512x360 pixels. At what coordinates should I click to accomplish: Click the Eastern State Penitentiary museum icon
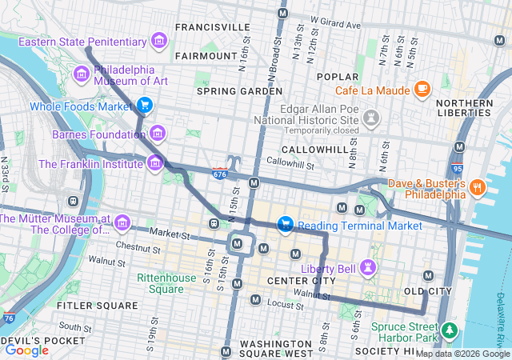coord(159,41)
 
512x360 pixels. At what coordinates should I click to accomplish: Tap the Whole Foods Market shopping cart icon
coord(144,106)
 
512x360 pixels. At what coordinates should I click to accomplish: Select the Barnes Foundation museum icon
coord(158,133)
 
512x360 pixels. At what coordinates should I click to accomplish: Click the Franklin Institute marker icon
coord(154,164)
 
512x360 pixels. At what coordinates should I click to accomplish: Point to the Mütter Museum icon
coord(122,222)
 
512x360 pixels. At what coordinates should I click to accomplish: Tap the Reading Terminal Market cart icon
coord(284,226)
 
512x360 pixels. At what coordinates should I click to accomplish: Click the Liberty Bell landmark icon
coord(367,266)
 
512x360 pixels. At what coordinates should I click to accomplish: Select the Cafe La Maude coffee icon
coord(422,89)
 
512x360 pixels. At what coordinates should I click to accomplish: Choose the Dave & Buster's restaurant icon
coord(478,188)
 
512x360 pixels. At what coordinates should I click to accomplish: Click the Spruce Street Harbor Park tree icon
coord(449,330)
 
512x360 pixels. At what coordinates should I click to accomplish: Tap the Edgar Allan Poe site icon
coord(370,118)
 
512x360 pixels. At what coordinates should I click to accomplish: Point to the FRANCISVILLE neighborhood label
coord(212,26)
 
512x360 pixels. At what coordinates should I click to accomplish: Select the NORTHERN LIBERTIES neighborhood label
coord(464,108)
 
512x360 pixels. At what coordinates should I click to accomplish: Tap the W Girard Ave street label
coord(336,20)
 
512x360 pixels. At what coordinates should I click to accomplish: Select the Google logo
coord(26,350)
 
